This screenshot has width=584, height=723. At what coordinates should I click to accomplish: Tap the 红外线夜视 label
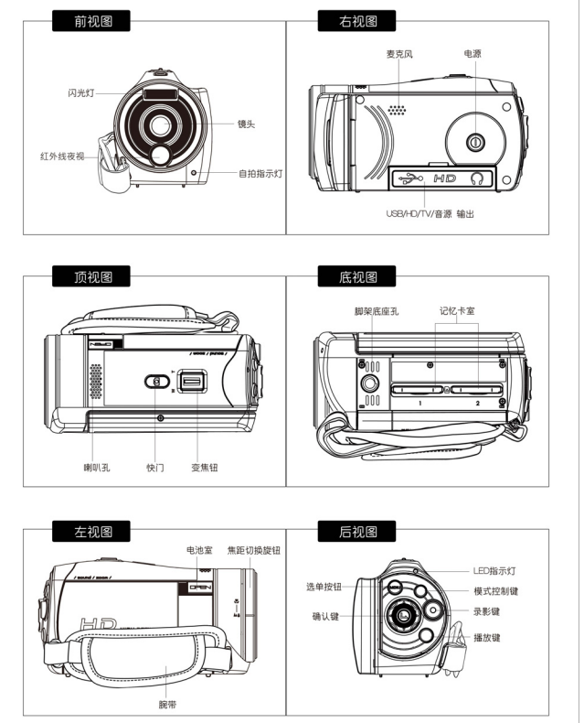[61, 156]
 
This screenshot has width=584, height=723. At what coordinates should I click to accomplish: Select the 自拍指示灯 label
[260, 173]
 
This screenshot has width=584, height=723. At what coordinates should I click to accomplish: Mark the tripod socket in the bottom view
[370, 383]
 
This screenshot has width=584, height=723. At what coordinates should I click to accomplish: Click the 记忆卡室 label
[456, 312]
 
